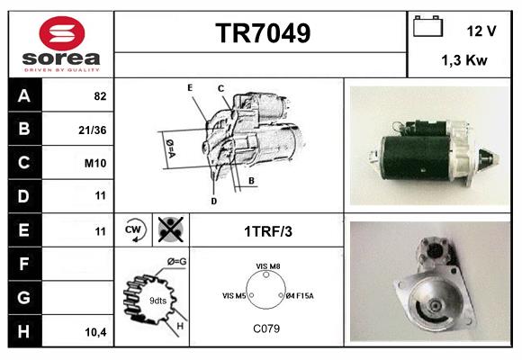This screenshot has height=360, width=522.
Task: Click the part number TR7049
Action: pos(263,33)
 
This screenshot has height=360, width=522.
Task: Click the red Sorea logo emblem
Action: pos(62,33)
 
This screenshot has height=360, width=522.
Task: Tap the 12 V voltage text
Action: pos(481,31)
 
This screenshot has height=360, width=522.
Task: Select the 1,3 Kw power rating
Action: pos(464,60)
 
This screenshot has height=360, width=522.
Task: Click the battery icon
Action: pos(428,26)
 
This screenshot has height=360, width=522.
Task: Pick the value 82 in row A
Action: pos(100,96)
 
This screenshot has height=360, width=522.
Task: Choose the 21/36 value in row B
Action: pos(93,130)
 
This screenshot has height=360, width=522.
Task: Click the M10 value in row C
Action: pos(95,163)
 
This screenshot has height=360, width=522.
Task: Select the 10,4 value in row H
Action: pos(96,332)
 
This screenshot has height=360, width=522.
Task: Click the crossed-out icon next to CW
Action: pos(171,229)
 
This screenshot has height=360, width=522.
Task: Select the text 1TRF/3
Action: pos(268,231)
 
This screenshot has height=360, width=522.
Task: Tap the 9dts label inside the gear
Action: pos(157,301)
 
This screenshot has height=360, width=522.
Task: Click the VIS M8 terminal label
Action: pos(268,266)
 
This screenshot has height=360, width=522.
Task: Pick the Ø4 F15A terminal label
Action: pos(300,296)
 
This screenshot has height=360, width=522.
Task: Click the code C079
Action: pos(266,328)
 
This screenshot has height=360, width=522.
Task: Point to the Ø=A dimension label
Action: pos(170,148)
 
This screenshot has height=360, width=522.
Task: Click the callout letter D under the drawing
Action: pos(214,201)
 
